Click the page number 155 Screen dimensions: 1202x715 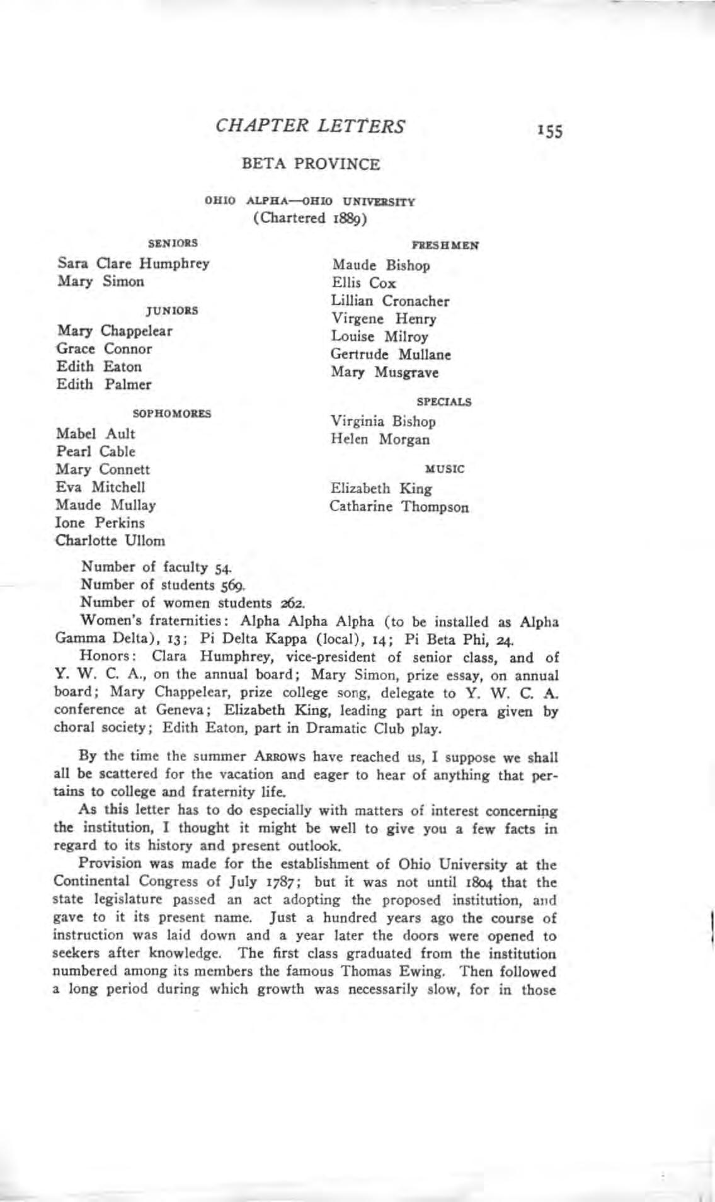coord(549,131)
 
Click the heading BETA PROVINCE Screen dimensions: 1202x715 coord(311,164)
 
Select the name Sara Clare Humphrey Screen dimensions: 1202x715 coord(133,263)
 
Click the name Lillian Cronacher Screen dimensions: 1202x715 coord(390,301)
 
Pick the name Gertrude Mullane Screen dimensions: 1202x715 coord(391,355)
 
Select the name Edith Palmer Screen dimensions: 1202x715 coord(104,384)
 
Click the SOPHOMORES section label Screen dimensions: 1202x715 coord(172,414)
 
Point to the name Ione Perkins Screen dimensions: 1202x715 coord(100,523)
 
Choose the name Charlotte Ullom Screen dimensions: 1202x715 coord(111,541)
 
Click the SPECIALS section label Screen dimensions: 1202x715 coord(444,401)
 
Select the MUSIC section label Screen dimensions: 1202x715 coord(445,469)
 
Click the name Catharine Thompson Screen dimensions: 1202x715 coord(399,507)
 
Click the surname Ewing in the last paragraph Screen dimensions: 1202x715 coord(455,971)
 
